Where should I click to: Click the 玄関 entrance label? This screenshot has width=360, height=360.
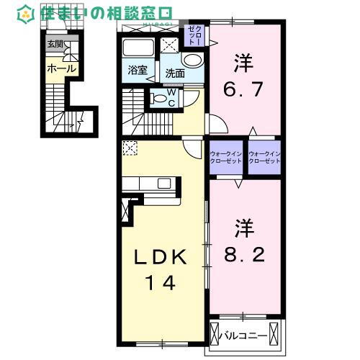pyautogui.click(x=55, y=44)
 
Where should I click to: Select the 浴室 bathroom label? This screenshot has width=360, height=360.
pyautogui.click(x=138, y=71)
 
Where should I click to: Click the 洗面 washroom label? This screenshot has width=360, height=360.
pyautogui.click(x=174, y=73)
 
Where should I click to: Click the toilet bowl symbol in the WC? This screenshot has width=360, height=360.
pyautogui.click(x=159, y=99)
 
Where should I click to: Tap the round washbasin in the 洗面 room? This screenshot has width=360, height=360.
pyautogui.click(x=192, y=61)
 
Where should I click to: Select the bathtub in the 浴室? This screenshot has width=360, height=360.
pyautogui.click(x=138, y=48)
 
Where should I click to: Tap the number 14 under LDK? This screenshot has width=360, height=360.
pyautogui.click(x=163, y=284)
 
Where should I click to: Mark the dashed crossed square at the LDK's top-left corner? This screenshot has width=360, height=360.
pyautogui.click(x=130, y=149)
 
